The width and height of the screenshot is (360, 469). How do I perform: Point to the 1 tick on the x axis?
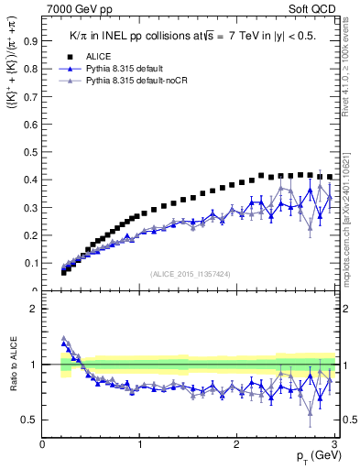click(x=139, y=445)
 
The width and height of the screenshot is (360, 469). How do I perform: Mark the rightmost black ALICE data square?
click(x=330, y=177)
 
